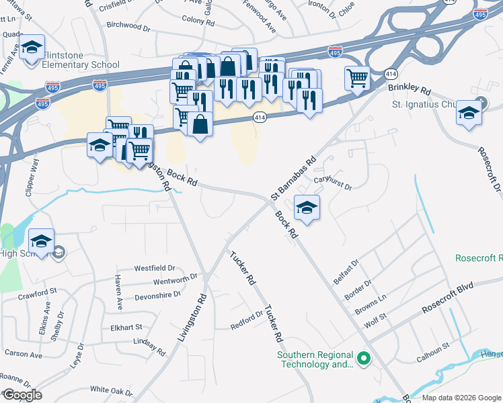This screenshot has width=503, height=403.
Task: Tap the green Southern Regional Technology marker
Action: point(364,359)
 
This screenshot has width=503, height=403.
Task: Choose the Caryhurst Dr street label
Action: point(333,183)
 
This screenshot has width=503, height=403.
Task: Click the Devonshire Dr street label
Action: point(159,294)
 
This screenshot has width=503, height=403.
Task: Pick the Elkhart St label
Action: point(126,327)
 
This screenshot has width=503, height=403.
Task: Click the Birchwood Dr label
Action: point(128,26)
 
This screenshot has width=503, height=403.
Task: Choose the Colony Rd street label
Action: point(197,21)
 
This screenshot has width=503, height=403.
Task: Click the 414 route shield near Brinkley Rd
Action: point(391,73)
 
